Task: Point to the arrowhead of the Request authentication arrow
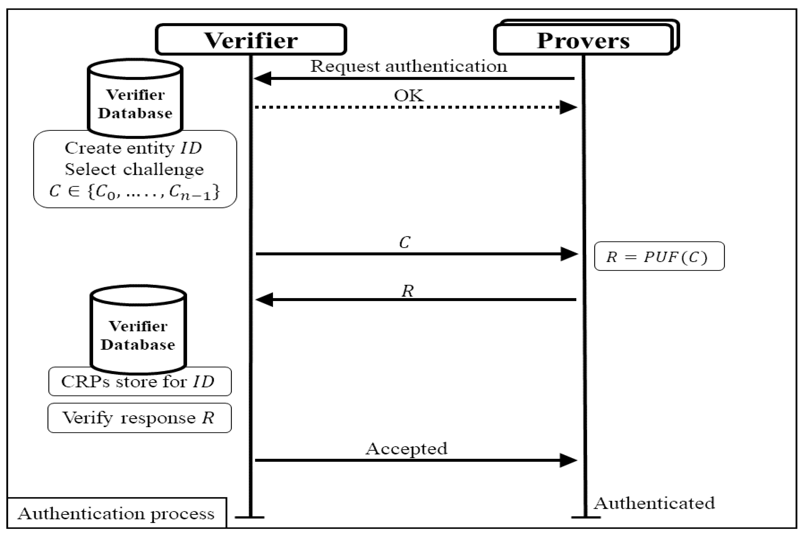(x=262, y=79)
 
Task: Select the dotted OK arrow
(x=409, y=107)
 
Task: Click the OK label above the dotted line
(x=408, y=95)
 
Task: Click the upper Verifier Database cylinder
(x=135, y=99)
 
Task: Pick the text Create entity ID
(x=133, y=148)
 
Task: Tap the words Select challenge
(x=134, y=169)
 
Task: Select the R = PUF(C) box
(x=659, y=256)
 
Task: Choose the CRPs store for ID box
(x=140, y=381)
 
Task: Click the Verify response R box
(x=139, y=417)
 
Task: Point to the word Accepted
(x=406, y=449)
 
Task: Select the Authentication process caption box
(x=116, y=514)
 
